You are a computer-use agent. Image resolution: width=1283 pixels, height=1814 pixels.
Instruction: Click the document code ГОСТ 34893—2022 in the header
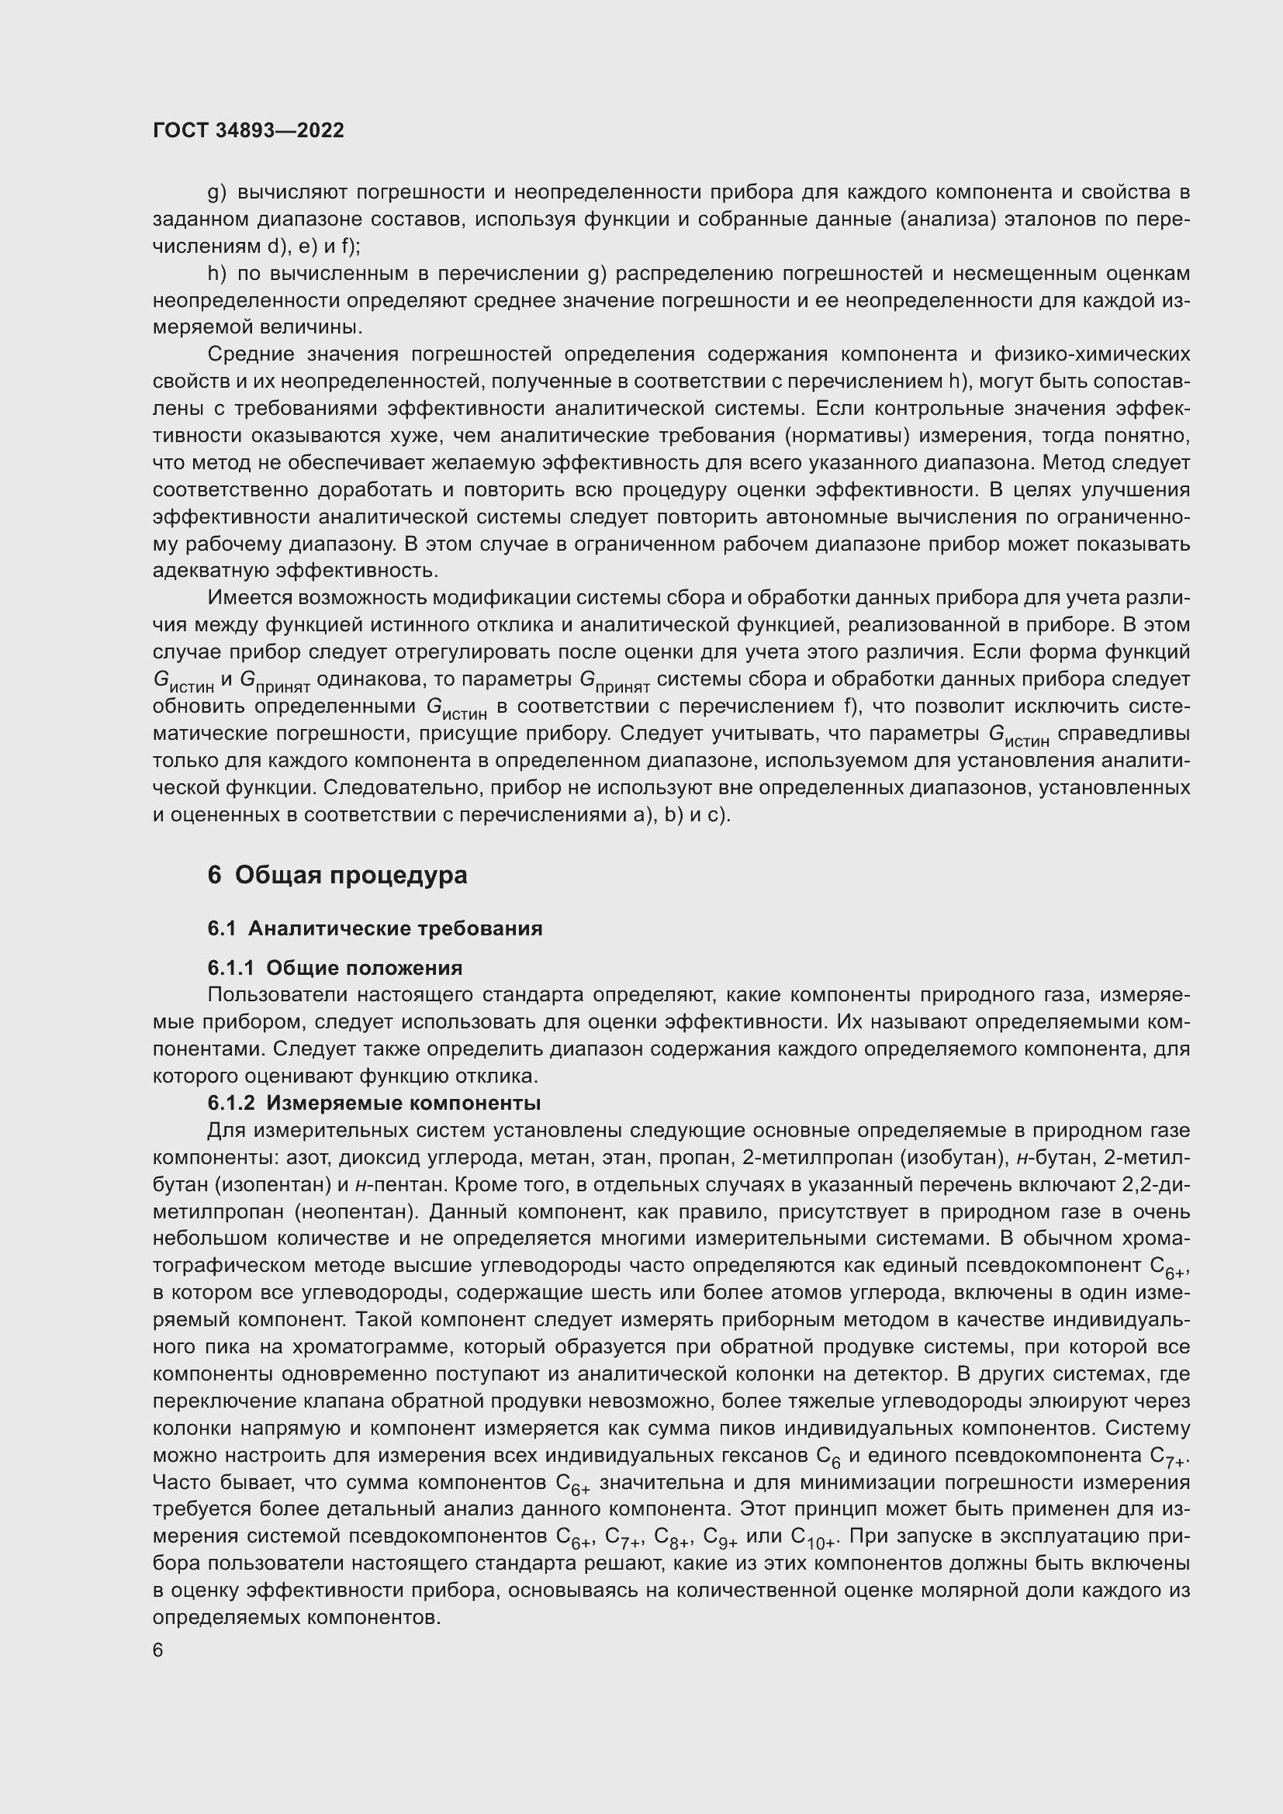[248, 130]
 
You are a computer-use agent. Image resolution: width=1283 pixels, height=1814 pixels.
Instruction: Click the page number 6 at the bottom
[158, 1650]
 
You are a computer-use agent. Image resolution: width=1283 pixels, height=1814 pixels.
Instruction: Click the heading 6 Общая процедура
[337, 876]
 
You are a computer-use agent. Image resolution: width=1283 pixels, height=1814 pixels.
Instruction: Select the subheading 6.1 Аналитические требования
[375, 928]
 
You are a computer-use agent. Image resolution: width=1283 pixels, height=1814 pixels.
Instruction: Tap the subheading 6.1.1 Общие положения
[335, 968]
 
